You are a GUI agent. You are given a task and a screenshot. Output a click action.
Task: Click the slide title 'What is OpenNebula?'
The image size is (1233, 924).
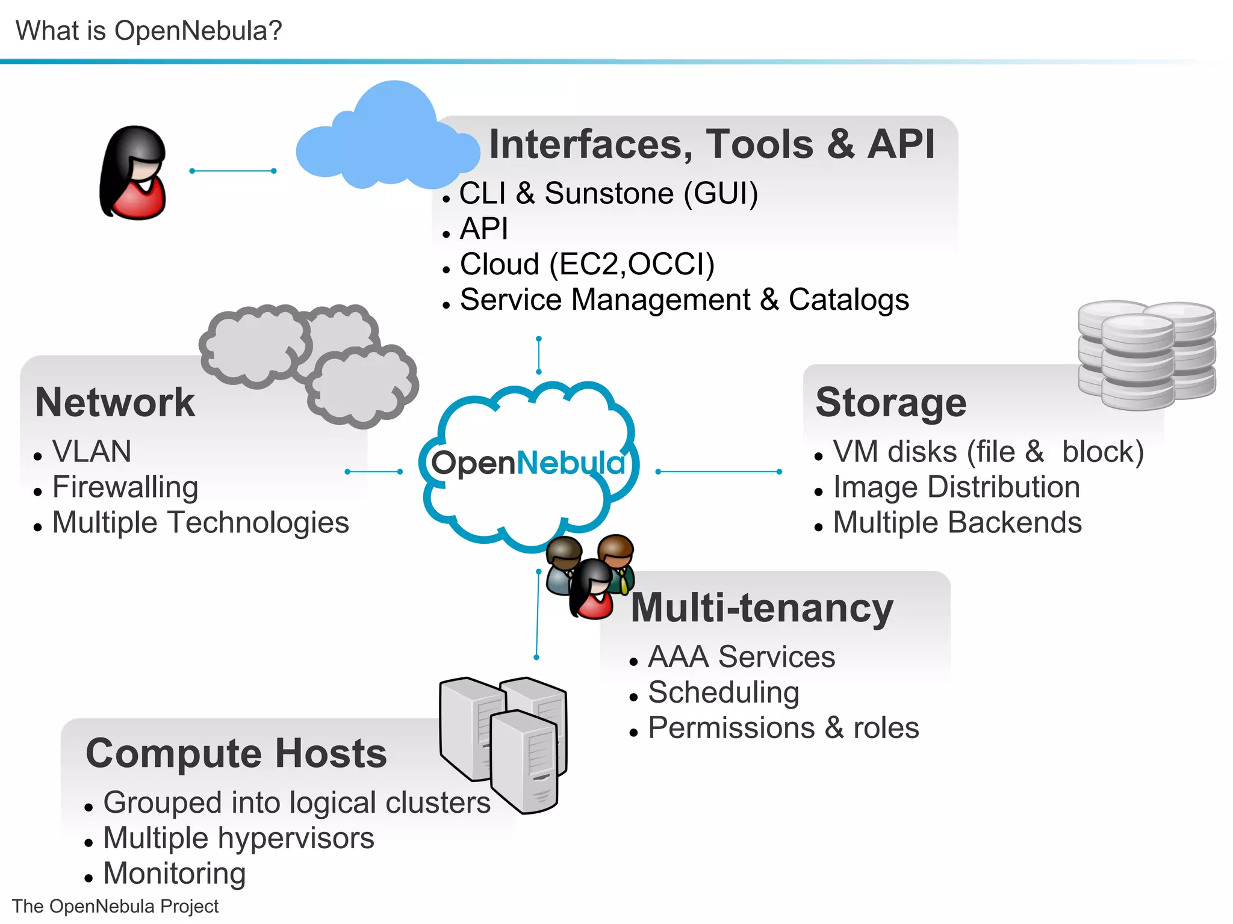click(x=149, y=30)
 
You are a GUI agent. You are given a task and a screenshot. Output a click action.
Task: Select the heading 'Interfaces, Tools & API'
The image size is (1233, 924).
click(x=712, y=144)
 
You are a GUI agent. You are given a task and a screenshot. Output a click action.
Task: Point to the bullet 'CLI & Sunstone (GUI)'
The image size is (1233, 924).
click(x=608, y=194)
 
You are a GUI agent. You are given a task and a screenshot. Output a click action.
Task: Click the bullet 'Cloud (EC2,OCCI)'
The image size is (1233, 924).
click(x=587, y=264)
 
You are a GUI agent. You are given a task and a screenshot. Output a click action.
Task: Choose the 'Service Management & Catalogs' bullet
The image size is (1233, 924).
click(x=684, y=300)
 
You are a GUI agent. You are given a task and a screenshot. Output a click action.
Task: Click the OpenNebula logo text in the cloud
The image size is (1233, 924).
click(x=528, y=463)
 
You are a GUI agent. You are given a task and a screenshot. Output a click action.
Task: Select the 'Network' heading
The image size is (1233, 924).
click(x=115, y=402)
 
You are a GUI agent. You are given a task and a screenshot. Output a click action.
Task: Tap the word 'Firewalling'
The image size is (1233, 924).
click(x=125, y=487)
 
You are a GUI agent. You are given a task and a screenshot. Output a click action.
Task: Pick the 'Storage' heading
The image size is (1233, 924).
click(x=890, y=402)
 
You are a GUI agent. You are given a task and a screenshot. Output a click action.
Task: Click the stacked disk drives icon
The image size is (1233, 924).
click(x=1146, y=355)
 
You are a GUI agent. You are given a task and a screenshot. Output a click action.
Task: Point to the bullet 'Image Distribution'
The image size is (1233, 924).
click(x=956, y=487)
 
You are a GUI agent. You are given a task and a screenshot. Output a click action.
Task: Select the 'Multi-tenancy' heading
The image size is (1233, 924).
click(x=762, y=608)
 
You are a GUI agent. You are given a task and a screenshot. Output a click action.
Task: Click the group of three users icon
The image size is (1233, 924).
click(x=590, y=574)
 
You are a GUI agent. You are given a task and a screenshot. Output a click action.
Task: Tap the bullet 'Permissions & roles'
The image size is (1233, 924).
click(x=783, y=728)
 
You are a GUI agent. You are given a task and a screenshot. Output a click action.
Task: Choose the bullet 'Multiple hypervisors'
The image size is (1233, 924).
click(x=238, y=838)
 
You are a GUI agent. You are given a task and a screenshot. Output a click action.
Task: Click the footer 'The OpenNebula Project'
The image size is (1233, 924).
click(x=115, y=906)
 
